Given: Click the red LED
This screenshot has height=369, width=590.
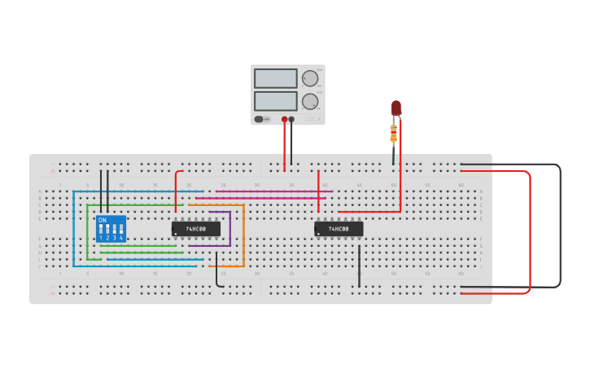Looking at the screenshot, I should pos(396,108).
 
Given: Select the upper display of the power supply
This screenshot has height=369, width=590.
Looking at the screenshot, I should pos(276,78).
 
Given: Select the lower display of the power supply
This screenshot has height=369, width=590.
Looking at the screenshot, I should pos(276,101).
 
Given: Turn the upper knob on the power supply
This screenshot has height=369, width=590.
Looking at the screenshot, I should pos(310,78).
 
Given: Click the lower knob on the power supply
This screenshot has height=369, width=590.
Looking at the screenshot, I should pos(310,102).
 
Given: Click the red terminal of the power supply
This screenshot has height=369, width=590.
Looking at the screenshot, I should pos(285,120).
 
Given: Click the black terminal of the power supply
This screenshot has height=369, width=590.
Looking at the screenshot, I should pos(291,120).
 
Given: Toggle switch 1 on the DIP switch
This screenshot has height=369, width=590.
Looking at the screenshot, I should pos(102,230).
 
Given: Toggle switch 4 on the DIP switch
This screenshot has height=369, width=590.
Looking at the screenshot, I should pos(121,230).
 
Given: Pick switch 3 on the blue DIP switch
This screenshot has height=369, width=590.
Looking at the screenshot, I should pos(115,230).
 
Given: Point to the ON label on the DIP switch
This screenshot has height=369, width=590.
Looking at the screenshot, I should pos(103,220).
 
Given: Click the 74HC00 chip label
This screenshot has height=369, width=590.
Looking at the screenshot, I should pos(196,230).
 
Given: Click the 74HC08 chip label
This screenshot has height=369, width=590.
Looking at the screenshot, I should pos(339,230).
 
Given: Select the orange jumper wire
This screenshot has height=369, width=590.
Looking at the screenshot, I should pos(243,236).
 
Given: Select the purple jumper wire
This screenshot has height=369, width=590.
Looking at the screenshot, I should pos(230,230).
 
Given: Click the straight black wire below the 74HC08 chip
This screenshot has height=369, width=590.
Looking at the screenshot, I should pos(359,265).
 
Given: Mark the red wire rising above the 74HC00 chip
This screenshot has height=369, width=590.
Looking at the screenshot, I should pos(176,191).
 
